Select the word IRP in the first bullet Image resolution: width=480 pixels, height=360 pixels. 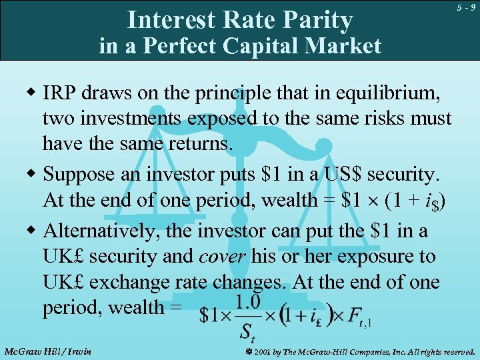point(61,94)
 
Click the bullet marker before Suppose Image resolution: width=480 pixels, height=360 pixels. point(31,175)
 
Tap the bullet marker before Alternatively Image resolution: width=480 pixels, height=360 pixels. point(31,231)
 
